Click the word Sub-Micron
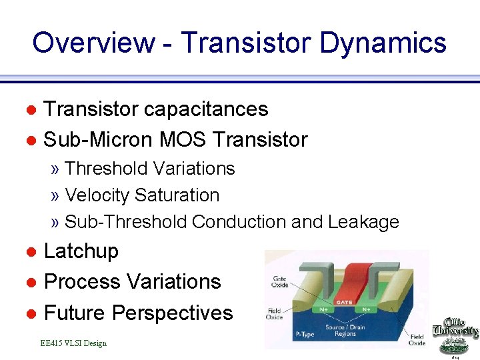coord(97,139)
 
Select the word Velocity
coord(97,195)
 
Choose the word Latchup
coord(81,251)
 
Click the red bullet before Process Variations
coord(30,283)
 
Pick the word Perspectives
coord(173,313)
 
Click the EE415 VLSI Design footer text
coord(73,343)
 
